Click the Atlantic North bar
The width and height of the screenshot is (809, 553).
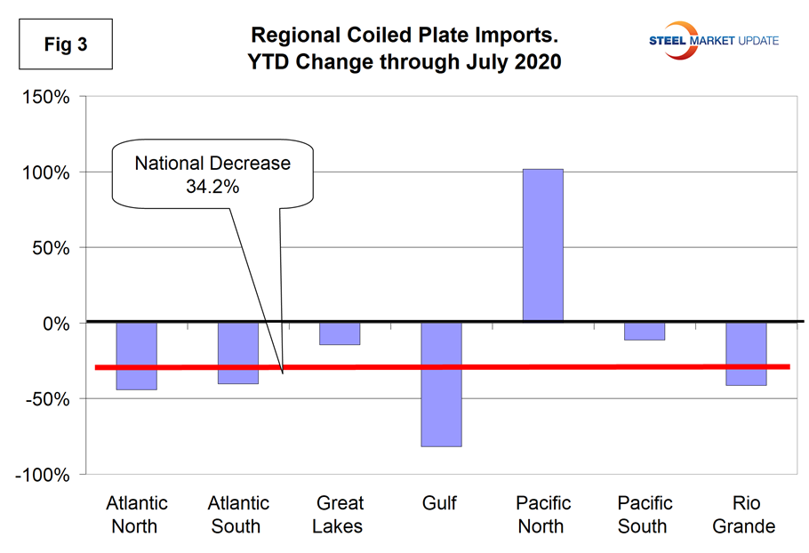pos(136,356)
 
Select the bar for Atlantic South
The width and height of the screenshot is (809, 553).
pos(237,353)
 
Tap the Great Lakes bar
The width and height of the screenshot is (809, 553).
pos(339,333)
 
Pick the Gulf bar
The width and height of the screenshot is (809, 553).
pos(440,384)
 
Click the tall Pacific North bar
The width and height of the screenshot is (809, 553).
pos(541,245)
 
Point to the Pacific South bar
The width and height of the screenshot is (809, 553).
pos(643,332)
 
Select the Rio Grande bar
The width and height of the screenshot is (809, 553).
pos(745,354)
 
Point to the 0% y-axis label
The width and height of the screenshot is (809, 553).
pos(55,324)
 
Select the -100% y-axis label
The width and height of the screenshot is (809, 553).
pos(41,475)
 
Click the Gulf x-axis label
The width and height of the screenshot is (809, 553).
pos(440,504)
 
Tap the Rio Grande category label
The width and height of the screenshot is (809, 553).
pos(744,515)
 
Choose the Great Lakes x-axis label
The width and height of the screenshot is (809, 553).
pos(339,515)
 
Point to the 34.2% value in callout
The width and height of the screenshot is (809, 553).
pos(212,186)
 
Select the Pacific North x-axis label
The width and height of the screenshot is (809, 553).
pos(541,515)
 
